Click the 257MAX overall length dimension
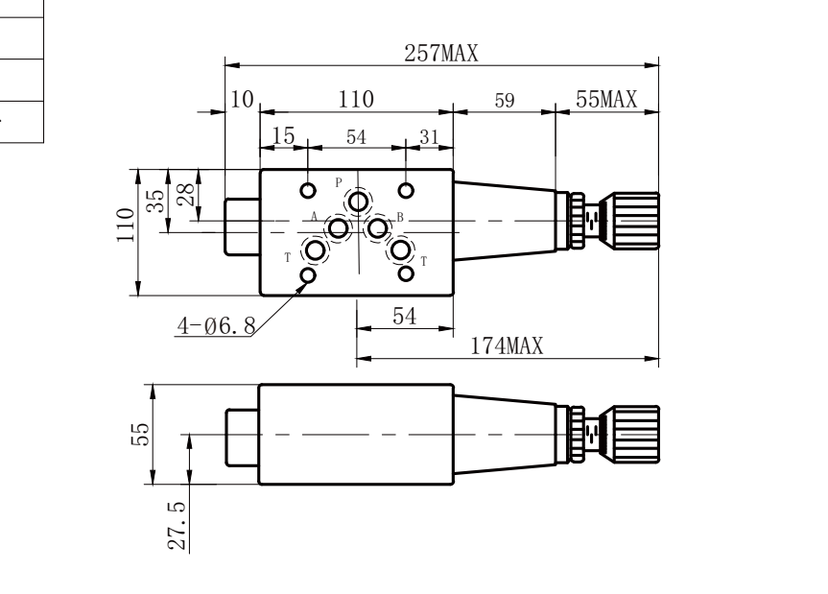(441, 54)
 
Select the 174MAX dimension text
(507, 346)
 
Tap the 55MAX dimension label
(606, 99)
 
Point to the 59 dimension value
(505, 101)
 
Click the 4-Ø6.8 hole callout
(217, 325)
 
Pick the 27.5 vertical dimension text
(177, 526)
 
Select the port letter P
(339, 183)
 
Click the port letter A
(314, 217)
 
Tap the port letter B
(400, 217)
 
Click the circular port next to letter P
(359, 202)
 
